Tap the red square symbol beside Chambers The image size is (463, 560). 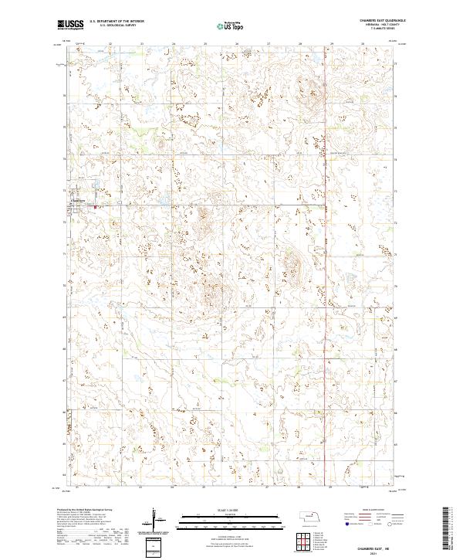(96, 206)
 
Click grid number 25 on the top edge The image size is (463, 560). (204, 44)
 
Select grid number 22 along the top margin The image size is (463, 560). (110, 44)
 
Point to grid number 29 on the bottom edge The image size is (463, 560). (331, 488)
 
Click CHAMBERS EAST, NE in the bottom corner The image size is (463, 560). (373, 546)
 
